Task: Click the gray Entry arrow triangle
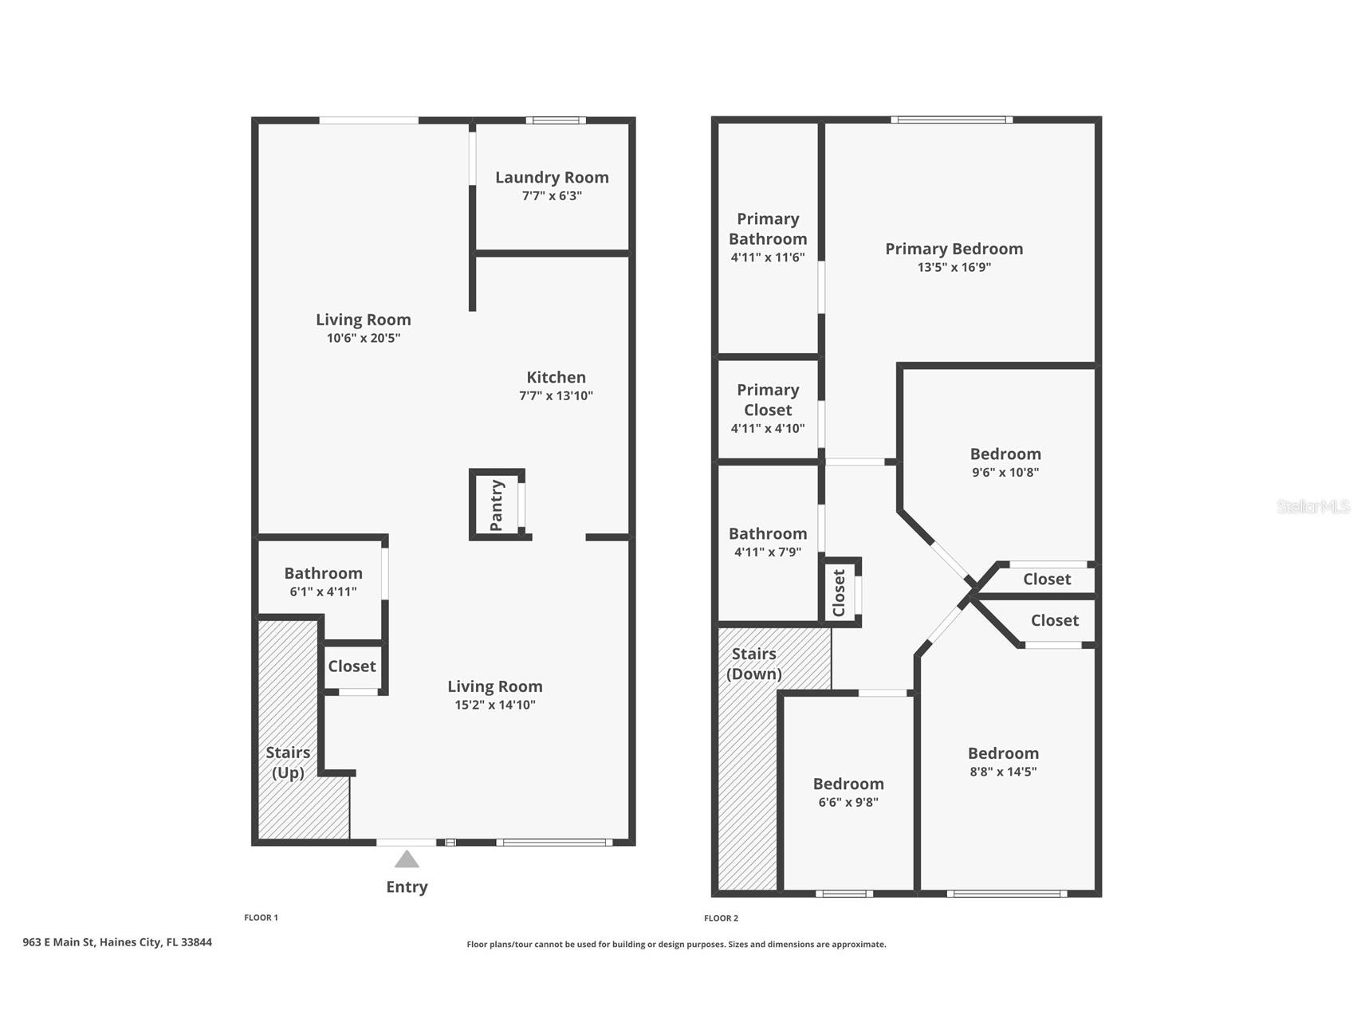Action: [x=407, y=859]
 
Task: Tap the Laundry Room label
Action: [x=552, y=178]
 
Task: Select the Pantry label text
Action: [x=497, y=505]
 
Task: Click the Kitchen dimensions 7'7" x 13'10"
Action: [x=556, y=396]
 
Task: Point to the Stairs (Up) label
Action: [x=288, y=763]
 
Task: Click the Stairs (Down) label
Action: [x=754, y=664]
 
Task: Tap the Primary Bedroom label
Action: [x=954, y=249]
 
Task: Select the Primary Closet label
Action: [x=768, y=400]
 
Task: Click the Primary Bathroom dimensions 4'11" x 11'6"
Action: [x=768, y=257]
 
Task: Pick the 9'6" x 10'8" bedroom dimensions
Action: [x=1005, y=472]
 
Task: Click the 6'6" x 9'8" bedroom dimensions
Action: [x=848, y=803]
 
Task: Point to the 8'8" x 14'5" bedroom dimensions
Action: [x=1003, y=772]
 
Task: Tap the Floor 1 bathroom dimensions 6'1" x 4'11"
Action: [x=323, y=591]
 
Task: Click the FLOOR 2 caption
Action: [x=721, y=918]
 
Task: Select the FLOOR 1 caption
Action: [x=261, y=918]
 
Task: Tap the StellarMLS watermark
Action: [x=1313, y=506]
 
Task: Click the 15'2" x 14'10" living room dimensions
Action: [x=495, y=705]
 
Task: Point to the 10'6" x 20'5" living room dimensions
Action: [x=364, y=338]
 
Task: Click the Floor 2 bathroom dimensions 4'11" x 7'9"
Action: [x=768, y=552]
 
